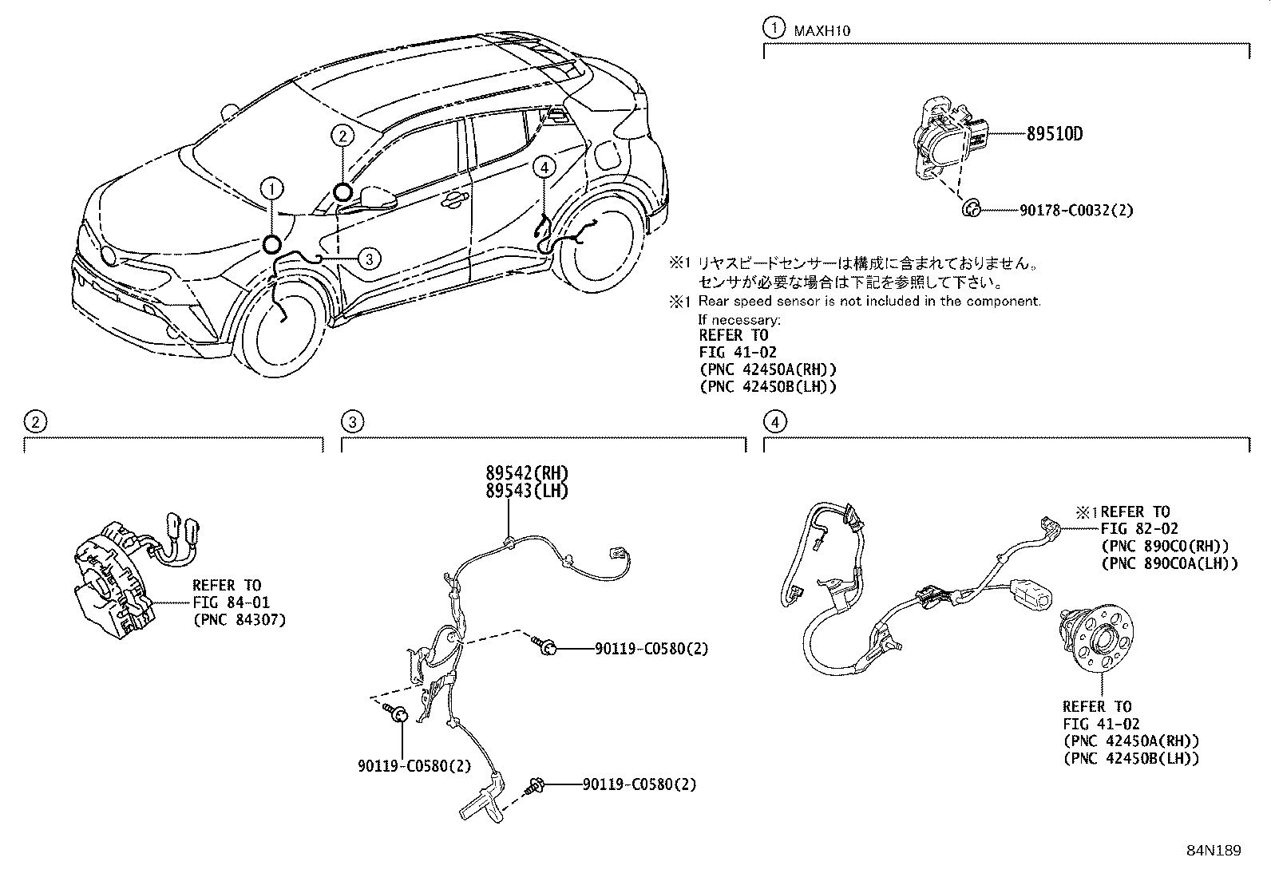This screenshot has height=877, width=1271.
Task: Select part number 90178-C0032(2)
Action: click(1076, 211)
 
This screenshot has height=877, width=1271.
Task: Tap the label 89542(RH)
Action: click(527, 472)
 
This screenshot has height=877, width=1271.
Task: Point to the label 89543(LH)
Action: click(527, 491)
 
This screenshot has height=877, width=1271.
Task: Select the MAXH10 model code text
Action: click(822, 31)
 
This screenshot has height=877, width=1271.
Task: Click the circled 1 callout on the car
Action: click(272, 189)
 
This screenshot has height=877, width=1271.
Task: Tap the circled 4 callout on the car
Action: click(544, 167)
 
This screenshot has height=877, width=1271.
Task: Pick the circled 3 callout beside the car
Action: click(368, 258)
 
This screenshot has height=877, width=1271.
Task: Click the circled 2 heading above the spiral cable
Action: click(34, 421)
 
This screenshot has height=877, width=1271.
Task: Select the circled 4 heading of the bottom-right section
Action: click(774, 421)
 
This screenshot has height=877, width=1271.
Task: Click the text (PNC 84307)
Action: click(238, 619)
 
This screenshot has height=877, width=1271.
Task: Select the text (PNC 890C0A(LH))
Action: click(1169, 563)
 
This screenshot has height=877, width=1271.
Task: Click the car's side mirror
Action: click(378, 196)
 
